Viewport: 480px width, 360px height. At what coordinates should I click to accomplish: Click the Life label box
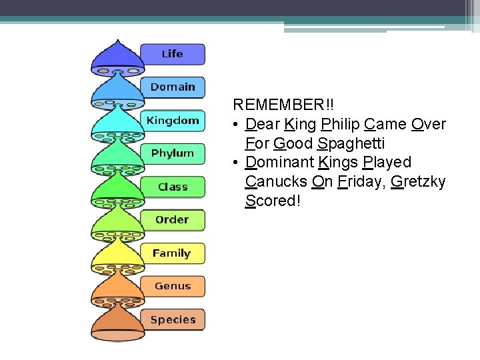coord(172,54)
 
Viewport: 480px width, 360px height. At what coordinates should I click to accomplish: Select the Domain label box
coord(173,87)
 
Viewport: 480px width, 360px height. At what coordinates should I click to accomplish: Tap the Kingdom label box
coord(173,121)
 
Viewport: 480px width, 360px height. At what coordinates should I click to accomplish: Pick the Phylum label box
coord(173,153)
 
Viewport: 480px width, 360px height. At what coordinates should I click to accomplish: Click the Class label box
coord(173,187)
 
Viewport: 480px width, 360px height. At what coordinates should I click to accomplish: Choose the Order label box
coord(173,220)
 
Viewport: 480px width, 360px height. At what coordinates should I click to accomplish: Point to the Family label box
coord(172,253)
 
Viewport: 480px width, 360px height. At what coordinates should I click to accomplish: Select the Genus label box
coord(173,287)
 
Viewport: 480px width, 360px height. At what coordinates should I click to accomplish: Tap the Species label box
coord(173,320)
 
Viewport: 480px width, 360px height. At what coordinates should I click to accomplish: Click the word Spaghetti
coord(351,143)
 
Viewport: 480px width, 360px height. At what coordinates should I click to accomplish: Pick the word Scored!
coord(273,201)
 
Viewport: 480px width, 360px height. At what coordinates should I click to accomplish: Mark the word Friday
coord(359,181)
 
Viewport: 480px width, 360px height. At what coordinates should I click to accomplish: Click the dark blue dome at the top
coord(117,57)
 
